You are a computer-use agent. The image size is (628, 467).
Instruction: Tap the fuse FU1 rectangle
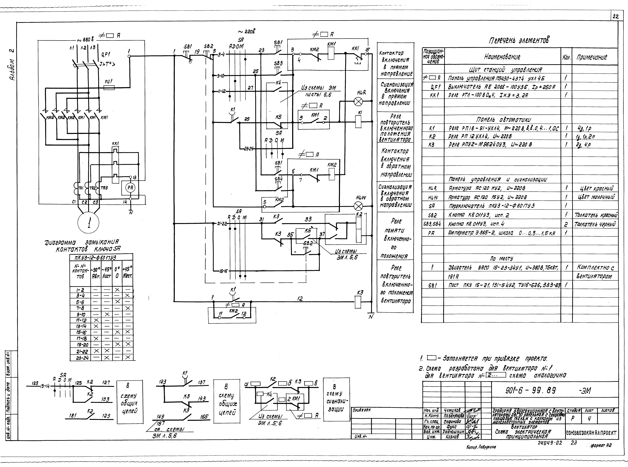[109, 88]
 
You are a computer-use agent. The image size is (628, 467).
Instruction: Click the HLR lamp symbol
[358, 102]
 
